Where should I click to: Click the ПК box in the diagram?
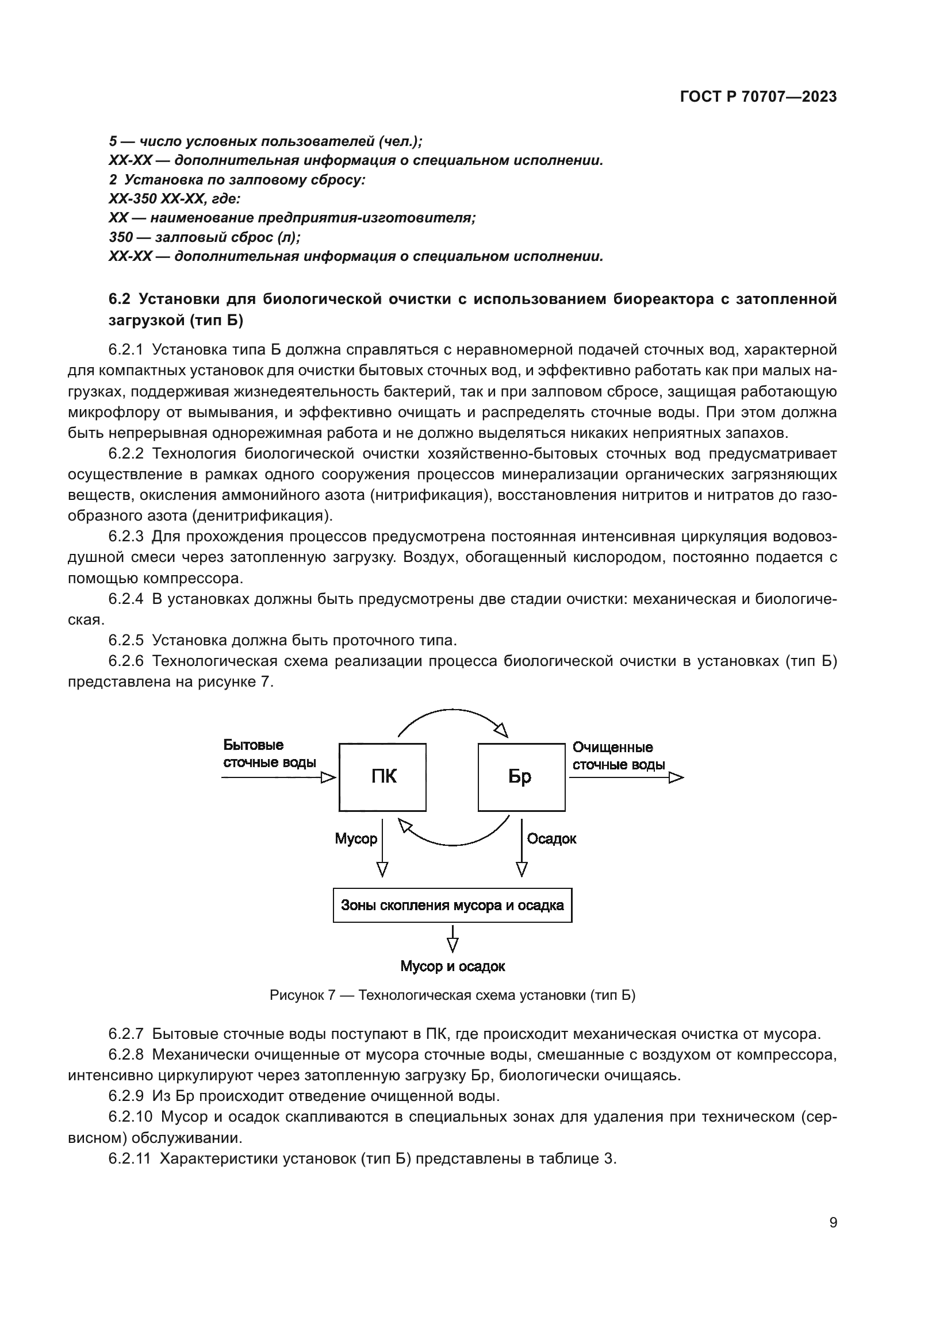point(382,777)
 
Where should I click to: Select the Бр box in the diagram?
point(521,777)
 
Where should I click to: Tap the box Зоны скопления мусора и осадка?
point(452,906)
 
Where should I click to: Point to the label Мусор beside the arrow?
point(355,839)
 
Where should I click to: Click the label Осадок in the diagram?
point(551,839)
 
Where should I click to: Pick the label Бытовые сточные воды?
point(269,754)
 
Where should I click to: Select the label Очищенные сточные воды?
point(619,756)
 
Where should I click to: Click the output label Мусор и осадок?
point(452,966)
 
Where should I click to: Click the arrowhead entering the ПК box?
point(328,777)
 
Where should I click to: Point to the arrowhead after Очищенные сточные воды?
point(676,777)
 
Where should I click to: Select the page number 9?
point(833,1223)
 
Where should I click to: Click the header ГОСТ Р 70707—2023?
point(758,97)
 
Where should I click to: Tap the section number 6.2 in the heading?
point(120,299)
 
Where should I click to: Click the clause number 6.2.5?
point(126,640)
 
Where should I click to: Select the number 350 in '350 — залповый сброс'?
point(121,237)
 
